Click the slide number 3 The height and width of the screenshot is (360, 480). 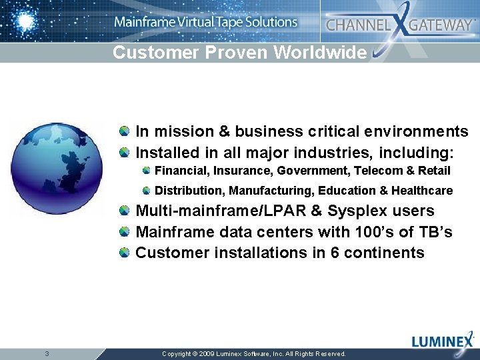46,353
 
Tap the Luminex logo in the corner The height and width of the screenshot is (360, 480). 442,342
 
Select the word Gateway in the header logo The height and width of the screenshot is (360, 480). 440,25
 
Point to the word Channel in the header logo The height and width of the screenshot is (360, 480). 357,25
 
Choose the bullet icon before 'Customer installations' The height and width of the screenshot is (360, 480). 125,253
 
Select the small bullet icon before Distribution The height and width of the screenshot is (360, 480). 146,191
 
